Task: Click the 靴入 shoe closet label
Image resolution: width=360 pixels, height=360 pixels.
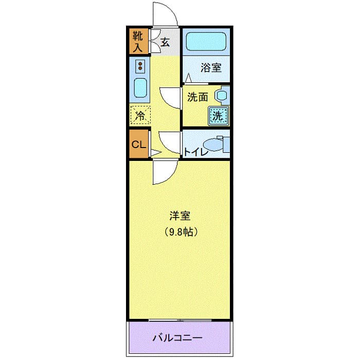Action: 138,41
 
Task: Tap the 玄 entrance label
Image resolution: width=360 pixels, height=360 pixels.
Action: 165,42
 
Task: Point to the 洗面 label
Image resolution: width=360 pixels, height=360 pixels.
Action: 197,97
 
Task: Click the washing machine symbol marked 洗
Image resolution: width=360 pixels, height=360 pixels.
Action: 218,115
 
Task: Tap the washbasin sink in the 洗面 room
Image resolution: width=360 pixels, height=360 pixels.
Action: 222,95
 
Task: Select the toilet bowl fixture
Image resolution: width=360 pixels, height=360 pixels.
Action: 213,144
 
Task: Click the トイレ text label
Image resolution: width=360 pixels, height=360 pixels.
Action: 196,152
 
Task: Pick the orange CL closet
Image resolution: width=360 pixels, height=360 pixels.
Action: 138,144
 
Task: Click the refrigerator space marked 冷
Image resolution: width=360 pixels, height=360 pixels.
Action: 140,115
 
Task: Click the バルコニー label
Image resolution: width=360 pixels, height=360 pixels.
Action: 177,338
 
